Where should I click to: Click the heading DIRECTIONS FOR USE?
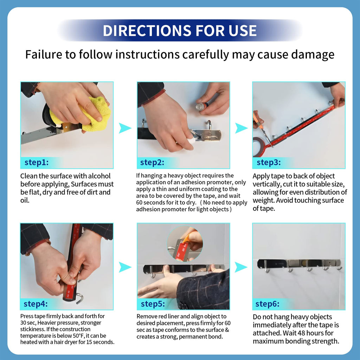(x=180, y=30)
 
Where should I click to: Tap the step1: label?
(x=37, y=162)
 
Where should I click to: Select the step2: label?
(x=152, y=162)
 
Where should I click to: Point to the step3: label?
(x=269, y=162)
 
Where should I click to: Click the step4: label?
(x=36, y=304)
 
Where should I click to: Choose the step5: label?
(x=153, y=304)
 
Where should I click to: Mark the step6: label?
(x=268, y=304)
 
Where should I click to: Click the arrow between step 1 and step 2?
(x=124, y=128)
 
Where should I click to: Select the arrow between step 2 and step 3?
(x=241, y=128)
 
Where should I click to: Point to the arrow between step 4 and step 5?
(x=124, y=267)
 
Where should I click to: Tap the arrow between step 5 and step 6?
(x=240, y=267)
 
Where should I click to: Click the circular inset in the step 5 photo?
(x=185, y=244)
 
